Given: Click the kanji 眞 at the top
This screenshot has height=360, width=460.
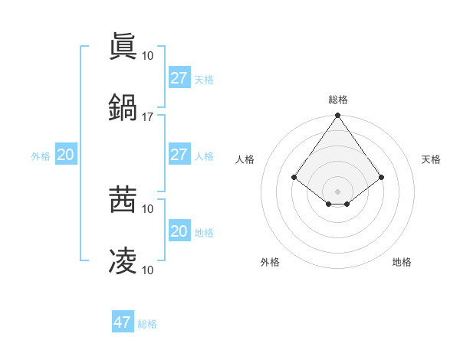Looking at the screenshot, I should (x=123, y=46).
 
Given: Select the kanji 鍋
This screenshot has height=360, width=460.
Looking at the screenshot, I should (x=123, y=107).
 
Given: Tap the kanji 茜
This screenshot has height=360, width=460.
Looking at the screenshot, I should (x=123, y=199).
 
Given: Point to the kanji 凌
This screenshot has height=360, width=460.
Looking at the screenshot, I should (x=123, y=260).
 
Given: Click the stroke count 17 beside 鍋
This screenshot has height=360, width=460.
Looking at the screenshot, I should (x=148, y=116).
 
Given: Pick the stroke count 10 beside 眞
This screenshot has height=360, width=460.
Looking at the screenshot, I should (x=148, y=55).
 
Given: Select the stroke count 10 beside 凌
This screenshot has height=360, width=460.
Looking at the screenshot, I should (x=148, y=270).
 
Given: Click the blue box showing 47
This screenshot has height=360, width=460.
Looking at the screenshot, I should (x=123, y=322).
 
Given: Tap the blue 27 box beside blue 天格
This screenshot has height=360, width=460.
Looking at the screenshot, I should (x=179, y=78).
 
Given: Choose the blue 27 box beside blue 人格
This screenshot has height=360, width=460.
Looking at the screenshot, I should (x=179, y=155).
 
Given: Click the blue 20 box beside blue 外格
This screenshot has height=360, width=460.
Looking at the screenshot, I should (x=65, y=155).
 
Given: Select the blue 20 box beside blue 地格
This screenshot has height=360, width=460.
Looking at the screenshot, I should (x=179, y=231).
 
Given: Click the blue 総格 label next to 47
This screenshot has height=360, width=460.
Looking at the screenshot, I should (x=147, y=324).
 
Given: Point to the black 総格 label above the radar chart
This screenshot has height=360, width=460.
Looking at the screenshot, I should (x=337, y=100).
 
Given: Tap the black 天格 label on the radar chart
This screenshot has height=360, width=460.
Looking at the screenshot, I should (x=431, y=159).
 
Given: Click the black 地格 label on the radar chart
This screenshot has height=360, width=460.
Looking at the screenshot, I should (x=402, y=262).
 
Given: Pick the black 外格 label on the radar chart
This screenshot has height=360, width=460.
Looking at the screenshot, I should (x=270, y=262).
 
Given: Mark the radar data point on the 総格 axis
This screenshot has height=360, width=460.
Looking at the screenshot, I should (x=337, y=116).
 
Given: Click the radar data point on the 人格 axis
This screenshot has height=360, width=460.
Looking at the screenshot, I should (x=294, y=177).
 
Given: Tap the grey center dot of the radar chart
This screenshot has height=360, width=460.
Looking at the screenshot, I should (x=337, y=191).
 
